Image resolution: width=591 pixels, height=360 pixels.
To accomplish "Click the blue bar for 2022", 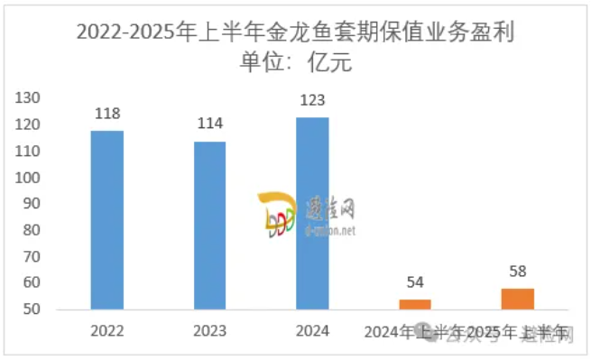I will click(107, 220).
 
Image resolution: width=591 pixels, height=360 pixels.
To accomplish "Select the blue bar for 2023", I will click(210, 226).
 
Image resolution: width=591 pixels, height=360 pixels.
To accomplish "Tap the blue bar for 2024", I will click(313, 213).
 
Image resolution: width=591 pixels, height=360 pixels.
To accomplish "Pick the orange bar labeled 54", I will click(415, 304).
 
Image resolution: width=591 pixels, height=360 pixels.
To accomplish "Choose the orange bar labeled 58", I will click(518, 299).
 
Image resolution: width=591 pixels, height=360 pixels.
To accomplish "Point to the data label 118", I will click(107, 114).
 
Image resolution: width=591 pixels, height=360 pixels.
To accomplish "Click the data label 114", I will click(210, 124).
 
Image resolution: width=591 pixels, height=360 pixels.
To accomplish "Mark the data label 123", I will click(313, 100).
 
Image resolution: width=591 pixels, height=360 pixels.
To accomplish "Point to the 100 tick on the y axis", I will click(31, 178).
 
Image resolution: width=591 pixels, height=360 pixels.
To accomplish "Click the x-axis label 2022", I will click(107, 330).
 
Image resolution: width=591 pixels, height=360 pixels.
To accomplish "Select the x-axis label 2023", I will click(210, 330).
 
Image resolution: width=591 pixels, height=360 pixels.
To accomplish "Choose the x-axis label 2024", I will click(313, 330).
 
